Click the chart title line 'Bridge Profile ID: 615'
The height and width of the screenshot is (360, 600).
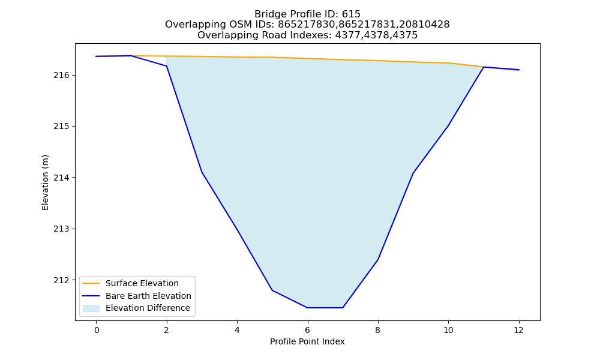[x=307, y=14]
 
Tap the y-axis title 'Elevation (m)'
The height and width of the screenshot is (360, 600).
[x=45, y=182]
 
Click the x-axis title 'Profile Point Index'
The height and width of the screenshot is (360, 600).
[x=307, y=341]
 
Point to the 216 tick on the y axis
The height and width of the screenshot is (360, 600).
[x=62, y=76]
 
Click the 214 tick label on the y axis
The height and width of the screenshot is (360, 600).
[x=62, y=178]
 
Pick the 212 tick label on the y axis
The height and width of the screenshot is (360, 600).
[x=62, y=280]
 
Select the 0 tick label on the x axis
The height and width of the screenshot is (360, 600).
[x=97, y=330]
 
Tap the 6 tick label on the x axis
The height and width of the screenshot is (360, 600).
[x=307, y=330]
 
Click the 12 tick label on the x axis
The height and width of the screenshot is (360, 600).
[x=518, y=330]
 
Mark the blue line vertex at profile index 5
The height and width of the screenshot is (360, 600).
[x=272, y=290]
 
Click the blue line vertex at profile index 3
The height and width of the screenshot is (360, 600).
[x=202, y=172]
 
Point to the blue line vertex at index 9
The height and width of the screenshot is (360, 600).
[x=413, y=173]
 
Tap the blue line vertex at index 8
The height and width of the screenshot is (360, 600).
[x=377, y=260]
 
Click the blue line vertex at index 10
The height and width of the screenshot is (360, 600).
[x=448, y=125]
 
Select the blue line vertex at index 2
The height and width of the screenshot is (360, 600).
[x=166, y=66]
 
